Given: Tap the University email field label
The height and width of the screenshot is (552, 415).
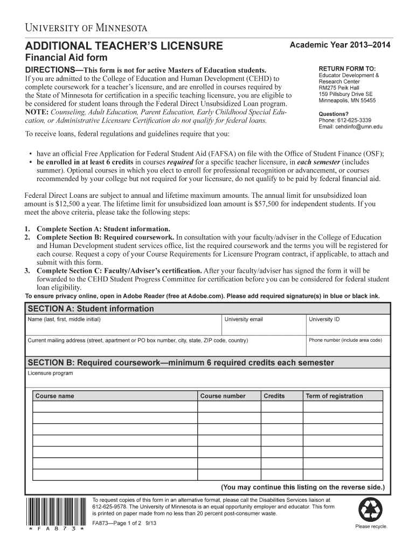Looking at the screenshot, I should click(244, 319).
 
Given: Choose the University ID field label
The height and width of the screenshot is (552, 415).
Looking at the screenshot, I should click(324, 319).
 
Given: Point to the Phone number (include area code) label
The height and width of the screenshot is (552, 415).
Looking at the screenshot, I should click(345, 340).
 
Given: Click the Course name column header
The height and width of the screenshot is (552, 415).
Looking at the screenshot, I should click(54, 396).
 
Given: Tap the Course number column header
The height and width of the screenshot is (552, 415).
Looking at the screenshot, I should click(223, 396).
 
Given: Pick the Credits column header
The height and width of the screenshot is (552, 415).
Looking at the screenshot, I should click(274, 396).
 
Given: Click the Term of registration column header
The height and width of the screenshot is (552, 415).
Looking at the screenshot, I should click(334, 396).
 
